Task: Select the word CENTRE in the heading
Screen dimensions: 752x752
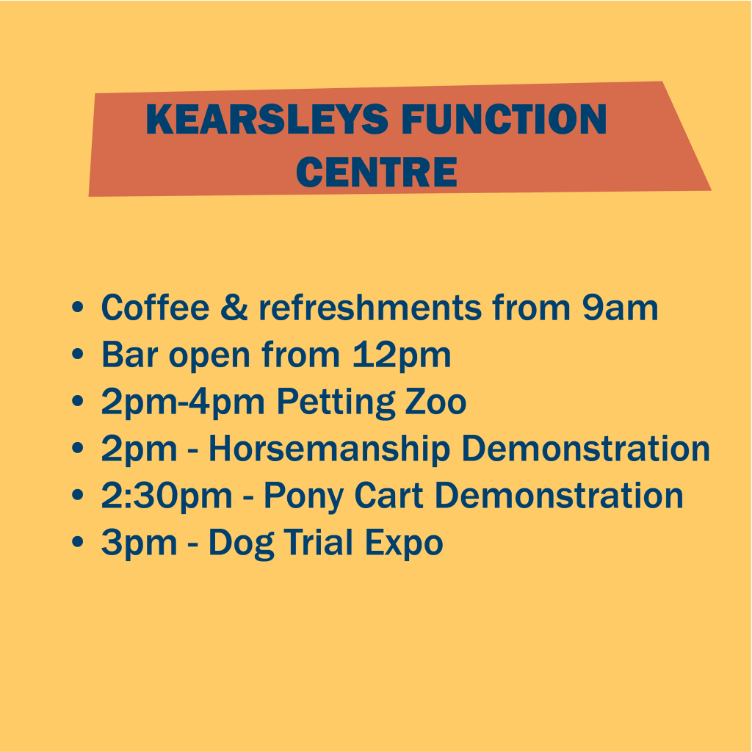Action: [x=377, y=171]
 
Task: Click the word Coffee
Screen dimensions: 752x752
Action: [x=155, y=308]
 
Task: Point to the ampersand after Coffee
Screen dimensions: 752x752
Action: [x=234, y=308]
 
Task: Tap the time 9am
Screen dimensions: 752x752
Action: [x=621, y=308]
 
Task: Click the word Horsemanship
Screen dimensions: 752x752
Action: [x=328, y=449]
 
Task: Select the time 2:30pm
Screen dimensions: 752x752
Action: [x=167, y=497]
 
